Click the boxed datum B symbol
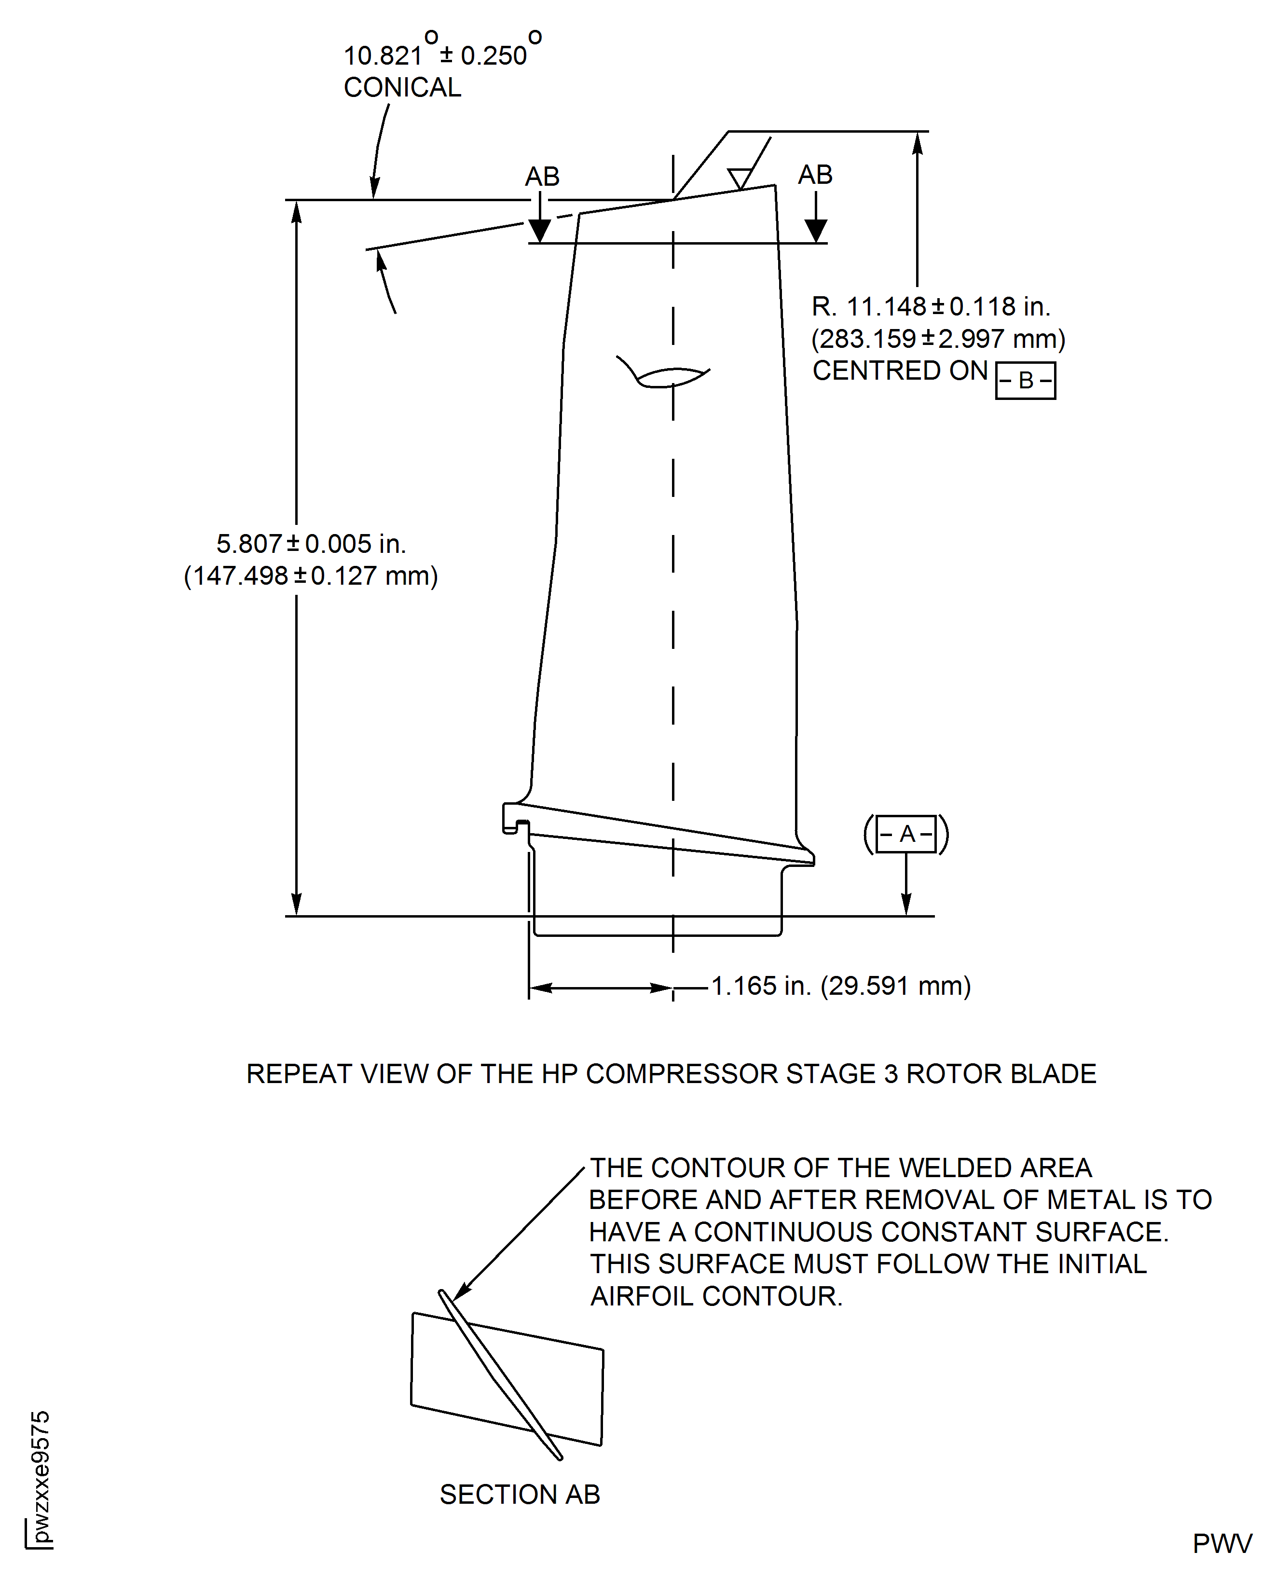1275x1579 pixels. (1025, 381)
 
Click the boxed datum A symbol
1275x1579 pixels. (906, 834)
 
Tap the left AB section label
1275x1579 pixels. (542, 177)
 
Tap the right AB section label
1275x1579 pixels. (815, 175)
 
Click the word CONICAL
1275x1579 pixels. (402, 87)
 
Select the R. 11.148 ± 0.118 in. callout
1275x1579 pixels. (931, 306)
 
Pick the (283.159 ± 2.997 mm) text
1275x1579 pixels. (938, 339)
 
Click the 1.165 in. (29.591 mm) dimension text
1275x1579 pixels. (841, 986)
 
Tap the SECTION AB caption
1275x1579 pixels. (520, 1494)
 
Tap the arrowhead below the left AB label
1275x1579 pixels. (540, 231)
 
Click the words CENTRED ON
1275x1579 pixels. (900, 371)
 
